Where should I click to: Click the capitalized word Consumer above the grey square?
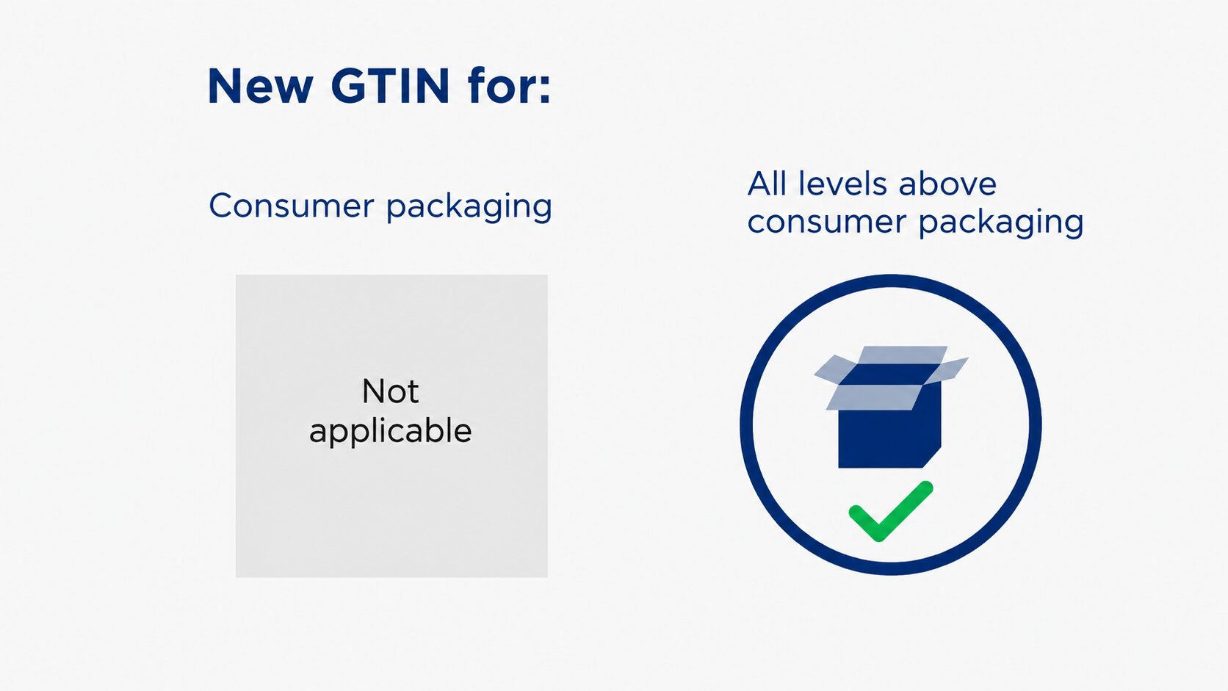coord(291,206)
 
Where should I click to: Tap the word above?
coord(947,184)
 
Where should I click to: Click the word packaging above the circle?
coord(1001,223)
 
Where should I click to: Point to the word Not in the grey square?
coord(390,391)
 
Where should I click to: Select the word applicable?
coord(390,431)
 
